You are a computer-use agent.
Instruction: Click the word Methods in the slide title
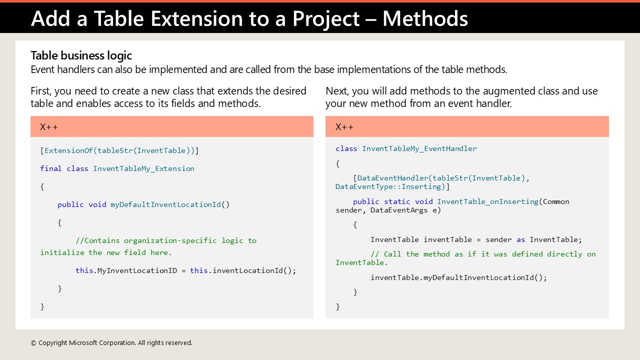[425, 18]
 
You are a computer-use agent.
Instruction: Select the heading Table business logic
[81, 55]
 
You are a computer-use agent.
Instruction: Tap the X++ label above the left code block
[49, 127]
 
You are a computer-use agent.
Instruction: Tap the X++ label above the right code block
[344, 127]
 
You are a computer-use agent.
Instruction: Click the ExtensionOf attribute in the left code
[68, 150]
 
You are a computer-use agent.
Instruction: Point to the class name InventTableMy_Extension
[143, 168]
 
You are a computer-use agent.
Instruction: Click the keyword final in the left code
[51, 168]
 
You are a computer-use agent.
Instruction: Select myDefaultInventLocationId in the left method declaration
[165, 204]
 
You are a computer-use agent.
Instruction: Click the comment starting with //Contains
[165, 240]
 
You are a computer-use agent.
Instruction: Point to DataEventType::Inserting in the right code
[390, 186]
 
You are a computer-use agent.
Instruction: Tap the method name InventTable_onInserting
[487, 201]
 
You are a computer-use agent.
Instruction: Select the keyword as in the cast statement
[521, 239]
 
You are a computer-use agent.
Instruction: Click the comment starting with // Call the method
[482, 254]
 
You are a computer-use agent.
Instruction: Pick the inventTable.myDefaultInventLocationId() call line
[458, 277]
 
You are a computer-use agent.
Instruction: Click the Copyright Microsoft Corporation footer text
[111, 343]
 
